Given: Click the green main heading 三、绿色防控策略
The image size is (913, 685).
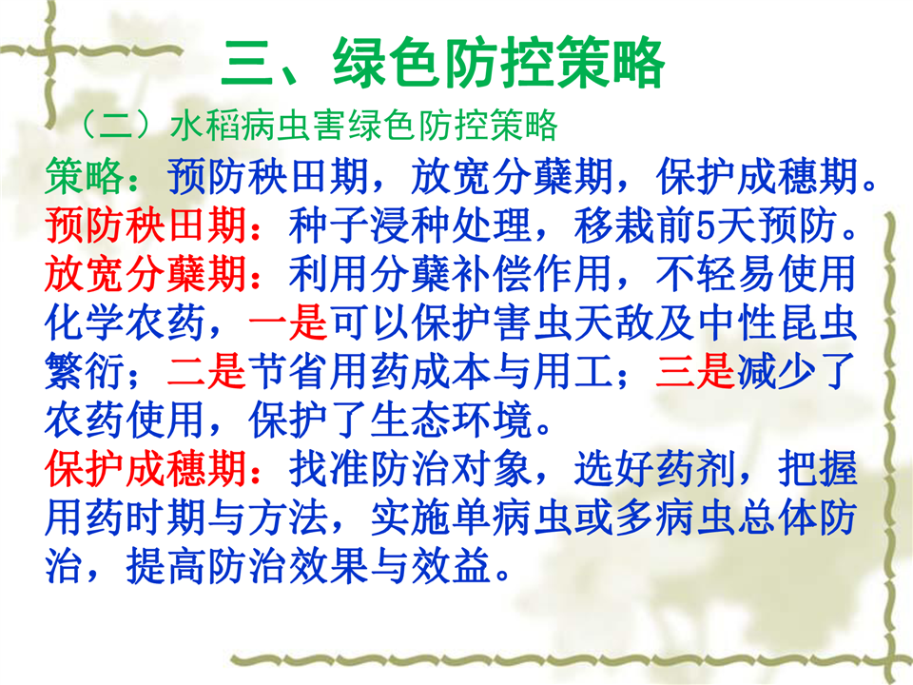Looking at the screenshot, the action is pos(442,63).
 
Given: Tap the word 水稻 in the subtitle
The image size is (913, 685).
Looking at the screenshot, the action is pos(205,125).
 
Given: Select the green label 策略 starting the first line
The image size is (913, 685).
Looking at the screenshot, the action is pos(85,175).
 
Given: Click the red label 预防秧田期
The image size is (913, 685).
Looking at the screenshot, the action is pos(146,225).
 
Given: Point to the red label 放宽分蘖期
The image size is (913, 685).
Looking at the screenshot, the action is pos(146,273).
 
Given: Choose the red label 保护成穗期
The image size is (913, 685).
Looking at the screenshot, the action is pos(146,468).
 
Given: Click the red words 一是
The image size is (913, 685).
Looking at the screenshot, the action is pos(288,323).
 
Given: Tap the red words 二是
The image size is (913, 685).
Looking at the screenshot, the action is pos(206,371).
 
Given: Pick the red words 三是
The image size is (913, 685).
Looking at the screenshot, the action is pos(695,371).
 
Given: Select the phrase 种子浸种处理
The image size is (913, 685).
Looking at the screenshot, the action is pos(411,225).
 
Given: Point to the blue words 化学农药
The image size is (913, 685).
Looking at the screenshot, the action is pos(126,323).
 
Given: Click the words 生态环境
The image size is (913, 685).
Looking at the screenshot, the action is pos(451,420).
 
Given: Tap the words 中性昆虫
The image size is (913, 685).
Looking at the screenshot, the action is pos(777,323).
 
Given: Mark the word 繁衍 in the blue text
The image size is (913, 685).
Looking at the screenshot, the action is pos(85,371).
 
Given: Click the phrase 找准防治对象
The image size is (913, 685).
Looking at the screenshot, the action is pos(411,468).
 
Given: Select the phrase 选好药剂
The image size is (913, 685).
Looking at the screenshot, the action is pos(654,468).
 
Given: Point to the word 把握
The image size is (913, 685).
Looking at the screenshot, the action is pos(818,468).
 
